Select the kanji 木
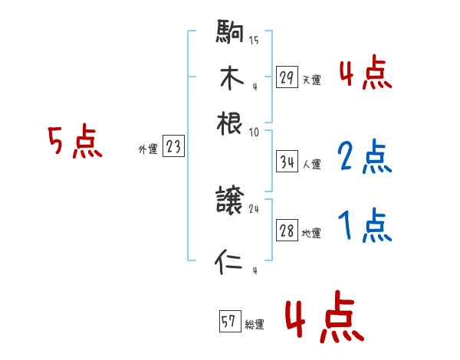click(x=230, y=78)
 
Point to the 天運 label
click(x=311, y=79)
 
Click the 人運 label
click(x=311, y=164)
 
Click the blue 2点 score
click(x=365, y=157)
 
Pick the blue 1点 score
click(x=365, y=227)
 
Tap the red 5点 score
click(x=75, y=142)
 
